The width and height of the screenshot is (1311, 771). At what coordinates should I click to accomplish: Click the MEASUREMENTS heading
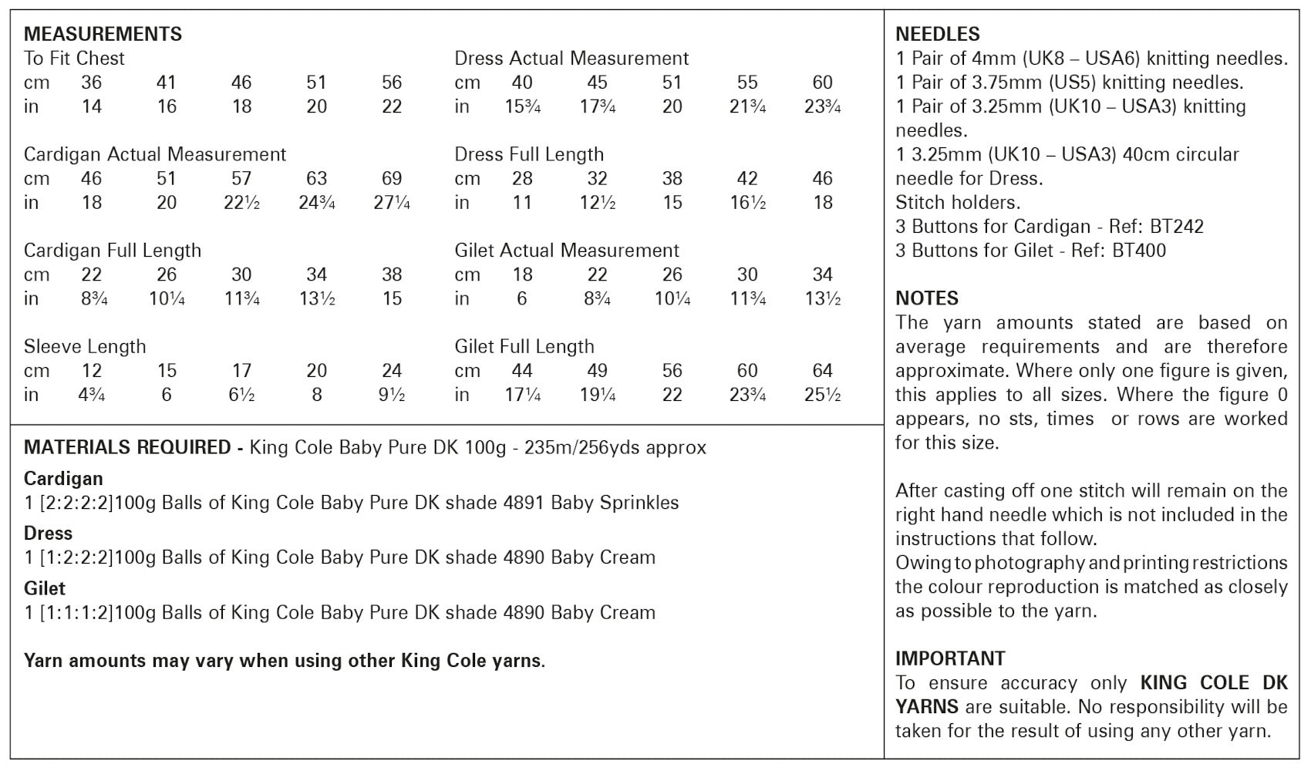point(103,34)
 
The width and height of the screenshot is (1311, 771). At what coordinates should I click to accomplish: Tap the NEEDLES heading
point(937,34)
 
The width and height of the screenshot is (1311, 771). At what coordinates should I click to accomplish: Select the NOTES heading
point(926,298)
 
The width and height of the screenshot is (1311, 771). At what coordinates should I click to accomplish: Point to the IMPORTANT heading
point(950,658)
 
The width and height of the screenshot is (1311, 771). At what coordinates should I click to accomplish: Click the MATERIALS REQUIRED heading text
point(127,447)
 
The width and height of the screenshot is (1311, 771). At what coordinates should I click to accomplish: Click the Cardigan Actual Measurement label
point(154,154)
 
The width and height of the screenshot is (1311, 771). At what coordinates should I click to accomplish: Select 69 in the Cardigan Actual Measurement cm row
point(392,178)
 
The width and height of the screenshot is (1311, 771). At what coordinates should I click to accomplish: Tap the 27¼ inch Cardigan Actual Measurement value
point(392,203)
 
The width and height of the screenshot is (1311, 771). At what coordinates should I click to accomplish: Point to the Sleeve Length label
point(85,346)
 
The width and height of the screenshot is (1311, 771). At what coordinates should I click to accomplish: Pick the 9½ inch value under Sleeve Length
point(392,395)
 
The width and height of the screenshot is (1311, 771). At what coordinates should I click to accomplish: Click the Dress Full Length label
point(529,154)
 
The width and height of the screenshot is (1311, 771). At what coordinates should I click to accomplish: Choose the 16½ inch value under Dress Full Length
point(746,203)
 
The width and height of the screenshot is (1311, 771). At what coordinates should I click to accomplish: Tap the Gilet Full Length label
point(524,346)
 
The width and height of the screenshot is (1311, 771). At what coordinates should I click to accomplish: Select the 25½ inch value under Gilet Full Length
point(822,395)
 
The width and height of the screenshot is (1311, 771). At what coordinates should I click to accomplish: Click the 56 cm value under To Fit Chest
point(392,82)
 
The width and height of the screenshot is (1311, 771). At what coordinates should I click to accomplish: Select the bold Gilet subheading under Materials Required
point(45,588)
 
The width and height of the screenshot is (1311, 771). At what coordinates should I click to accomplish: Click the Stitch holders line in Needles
point(957,202)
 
